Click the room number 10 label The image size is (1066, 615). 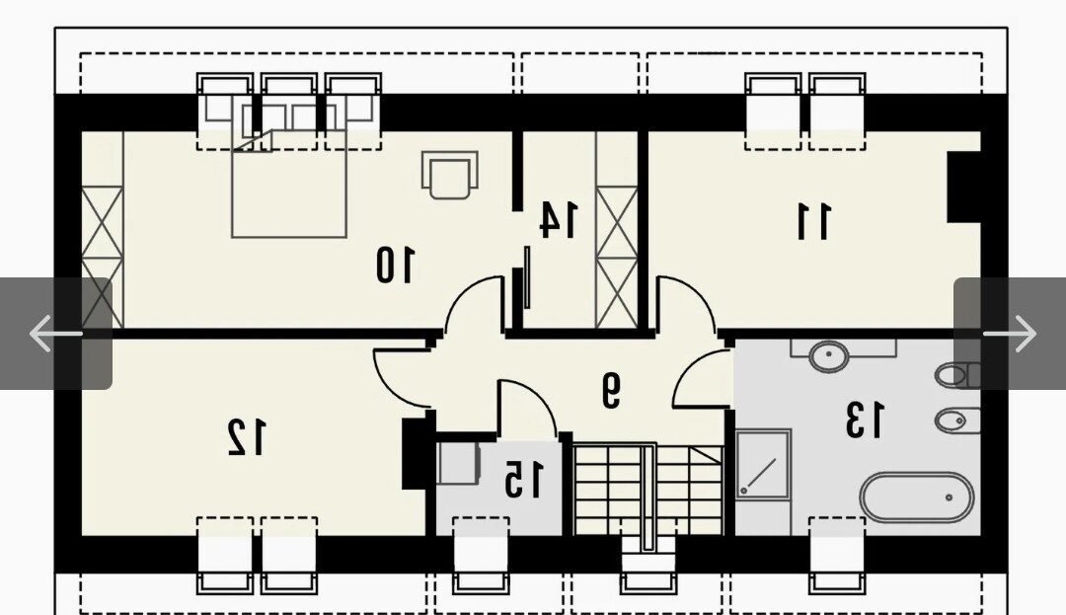394,265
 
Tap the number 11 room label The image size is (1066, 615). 813,221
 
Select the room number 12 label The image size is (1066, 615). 246,437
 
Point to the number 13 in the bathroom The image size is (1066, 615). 865,420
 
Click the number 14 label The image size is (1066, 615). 558,219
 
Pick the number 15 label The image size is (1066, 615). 524,479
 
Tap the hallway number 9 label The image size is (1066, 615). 611,390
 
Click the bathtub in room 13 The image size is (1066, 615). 917,498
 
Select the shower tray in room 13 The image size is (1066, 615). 763,465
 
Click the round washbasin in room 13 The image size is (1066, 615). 828,355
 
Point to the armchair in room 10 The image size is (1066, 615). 449,174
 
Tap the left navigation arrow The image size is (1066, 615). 56,333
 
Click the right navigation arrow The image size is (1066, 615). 1010,333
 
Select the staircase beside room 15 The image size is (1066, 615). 647,490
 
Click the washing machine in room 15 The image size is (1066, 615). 458,463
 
